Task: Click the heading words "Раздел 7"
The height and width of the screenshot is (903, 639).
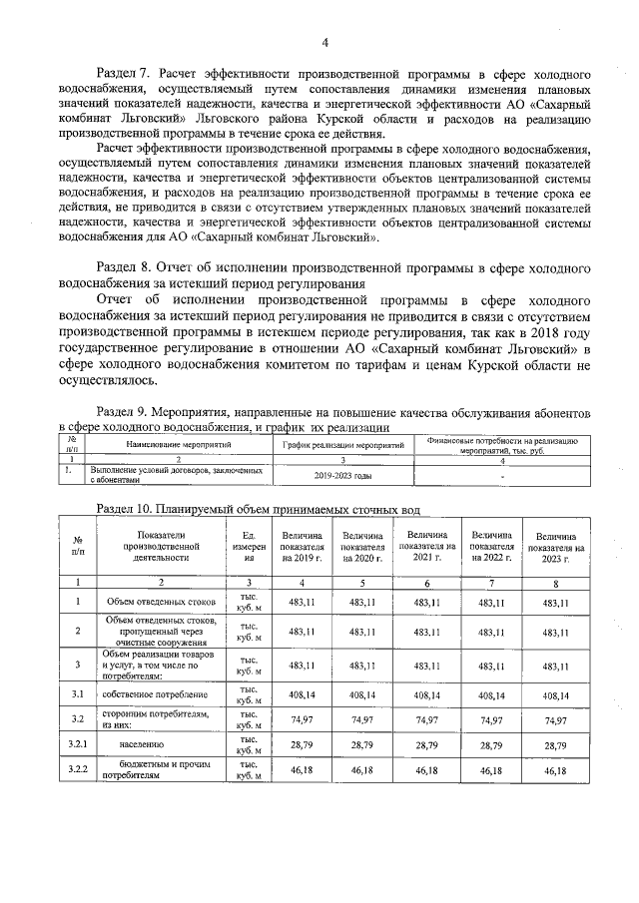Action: click(x=121, y=74)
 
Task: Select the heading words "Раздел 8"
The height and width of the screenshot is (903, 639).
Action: click(x=121, y=268)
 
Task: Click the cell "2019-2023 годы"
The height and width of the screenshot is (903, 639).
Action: click(x=342, y=475)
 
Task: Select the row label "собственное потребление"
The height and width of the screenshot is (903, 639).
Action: click(x=156, y=693)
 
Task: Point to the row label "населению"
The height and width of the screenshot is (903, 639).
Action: click(x=141, y=744)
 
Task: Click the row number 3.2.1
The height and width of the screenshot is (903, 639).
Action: click(x=78, y=744)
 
